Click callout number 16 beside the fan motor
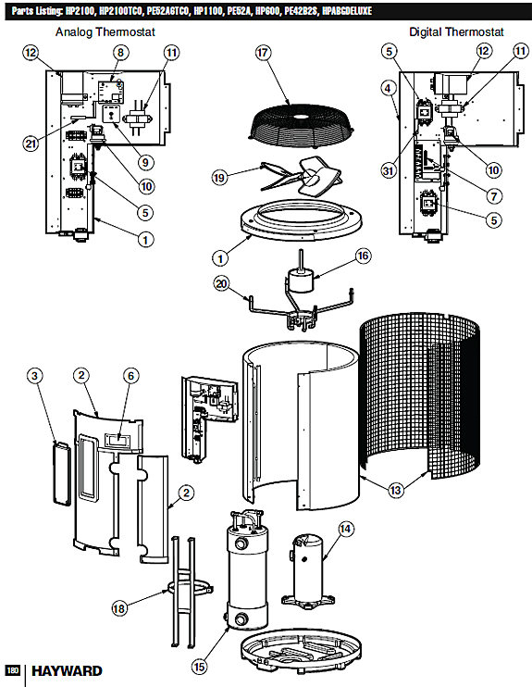tap(362, 256)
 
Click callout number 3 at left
tap(34, 375)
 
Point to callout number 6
tap(130, 375)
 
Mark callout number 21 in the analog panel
tap(33, 142)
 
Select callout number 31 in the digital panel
tap(389, 169)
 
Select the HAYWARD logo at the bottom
tap(64, 671)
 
